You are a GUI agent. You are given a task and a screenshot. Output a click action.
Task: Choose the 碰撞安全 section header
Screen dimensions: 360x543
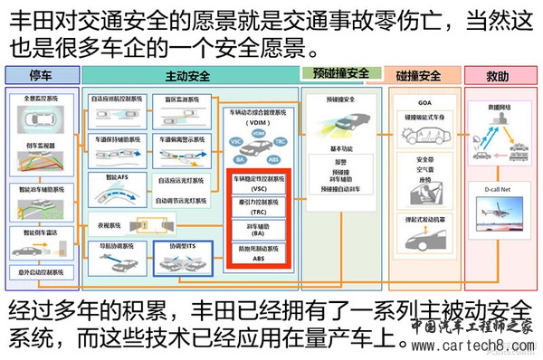418,74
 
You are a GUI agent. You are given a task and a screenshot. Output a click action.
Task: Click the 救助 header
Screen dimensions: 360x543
500,75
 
